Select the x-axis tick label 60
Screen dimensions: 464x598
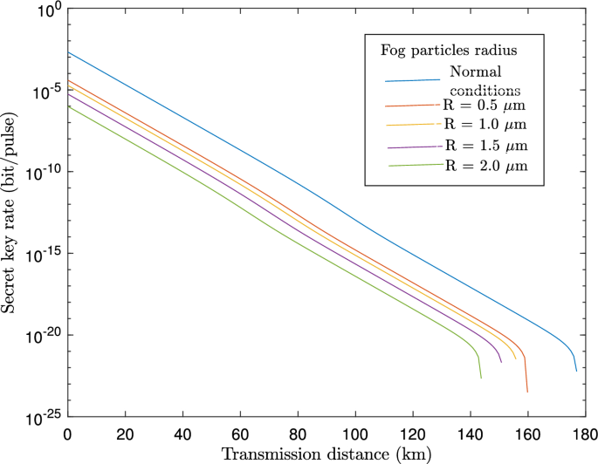[240, 433]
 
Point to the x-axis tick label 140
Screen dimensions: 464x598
[470, 433]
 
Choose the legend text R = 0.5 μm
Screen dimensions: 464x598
[484, 104]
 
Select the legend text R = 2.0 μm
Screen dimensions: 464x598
[484, 165]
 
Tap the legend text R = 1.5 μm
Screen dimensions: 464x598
[484, 144]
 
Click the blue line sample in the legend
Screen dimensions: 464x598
[411, 81]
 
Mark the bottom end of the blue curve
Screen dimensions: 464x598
[576, 371]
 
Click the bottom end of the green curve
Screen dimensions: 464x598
[480, 378]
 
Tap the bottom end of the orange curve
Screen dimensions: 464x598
[527, 392]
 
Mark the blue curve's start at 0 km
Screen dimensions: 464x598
[68, 52]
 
